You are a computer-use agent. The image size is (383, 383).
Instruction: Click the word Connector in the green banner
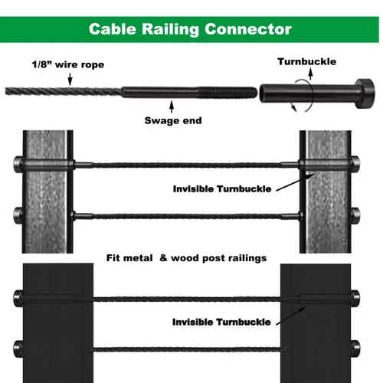pyautogui.click(x=248, y=29)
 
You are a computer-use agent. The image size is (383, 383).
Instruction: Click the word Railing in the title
pyautogui.click(x=170, y=30)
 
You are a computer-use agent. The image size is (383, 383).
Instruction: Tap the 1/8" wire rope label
pyautogui.click(x=68, y=64)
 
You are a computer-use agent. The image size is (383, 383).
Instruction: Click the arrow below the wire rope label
pyautogui.click(x=70, y=79)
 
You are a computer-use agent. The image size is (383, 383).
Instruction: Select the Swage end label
pyautogui.click(x=173, y=120)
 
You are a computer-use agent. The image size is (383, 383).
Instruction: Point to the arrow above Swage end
pyautogui.click(x=172, y=106)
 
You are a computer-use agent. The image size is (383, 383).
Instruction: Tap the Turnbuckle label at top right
pyautogui.click(x=307, y=62)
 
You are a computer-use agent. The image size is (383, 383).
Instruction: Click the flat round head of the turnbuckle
pyautogui.click(x=365, y=93)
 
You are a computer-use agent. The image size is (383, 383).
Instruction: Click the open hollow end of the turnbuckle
pyautogui.click(x=263, y=93)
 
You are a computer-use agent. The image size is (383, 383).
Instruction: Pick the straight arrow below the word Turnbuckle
pyautogui.click(x=310, y=74)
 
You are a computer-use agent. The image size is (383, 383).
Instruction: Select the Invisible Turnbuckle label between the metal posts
pyautogui.click(x=222, y=189)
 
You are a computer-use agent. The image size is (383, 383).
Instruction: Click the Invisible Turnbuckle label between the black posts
pyautogui.click(x=221, y=322)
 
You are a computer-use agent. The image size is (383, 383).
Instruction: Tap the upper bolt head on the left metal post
pyautogui.click(x=18, y=163)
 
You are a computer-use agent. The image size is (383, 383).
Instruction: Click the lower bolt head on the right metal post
pyautogui.click(x=355, y=215)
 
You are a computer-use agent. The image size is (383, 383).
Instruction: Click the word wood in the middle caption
pyautogui.click(x=185, y=258)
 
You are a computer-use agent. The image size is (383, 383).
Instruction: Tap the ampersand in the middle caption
pyautogui.click(x=163, y=258)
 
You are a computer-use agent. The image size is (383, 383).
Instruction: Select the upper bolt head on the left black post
pyautogui.click(x=18, y=298)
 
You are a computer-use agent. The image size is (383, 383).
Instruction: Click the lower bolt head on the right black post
pyautogui.click(x=355, y=349)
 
